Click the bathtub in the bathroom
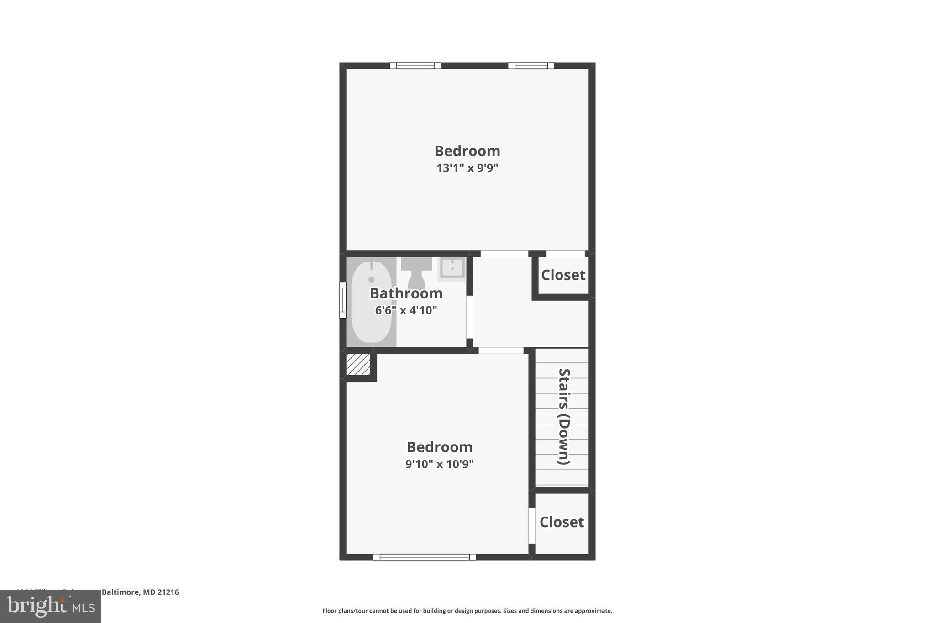[x=372, y=302]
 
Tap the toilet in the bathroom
[x=416, y=272]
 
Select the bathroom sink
[x=452, y=268]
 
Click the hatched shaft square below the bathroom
[x=358, y=365]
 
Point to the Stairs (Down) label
[x=564, y=416]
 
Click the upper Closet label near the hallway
[x=563, y=275]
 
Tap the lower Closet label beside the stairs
[x=562, y=522]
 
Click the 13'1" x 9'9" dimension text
[x=467, y=168]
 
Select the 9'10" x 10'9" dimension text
[x=439, y=464]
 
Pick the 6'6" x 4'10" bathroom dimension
[x=406, y=310]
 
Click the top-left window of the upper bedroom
[x=415, y=66]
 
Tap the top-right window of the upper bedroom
[x=531, y=66]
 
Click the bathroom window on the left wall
[x=343, y=299]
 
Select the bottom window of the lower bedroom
[x=425, y=557]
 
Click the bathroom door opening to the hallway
[x=469, y=317]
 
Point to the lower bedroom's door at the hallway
[x=501, y=351]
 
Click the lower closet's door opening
[x=531, y=525]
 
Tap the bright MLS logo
[x=51, y=606]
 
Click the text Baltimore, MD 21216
[x=140, y=592]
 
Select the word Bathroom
[x=406, y=293]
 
